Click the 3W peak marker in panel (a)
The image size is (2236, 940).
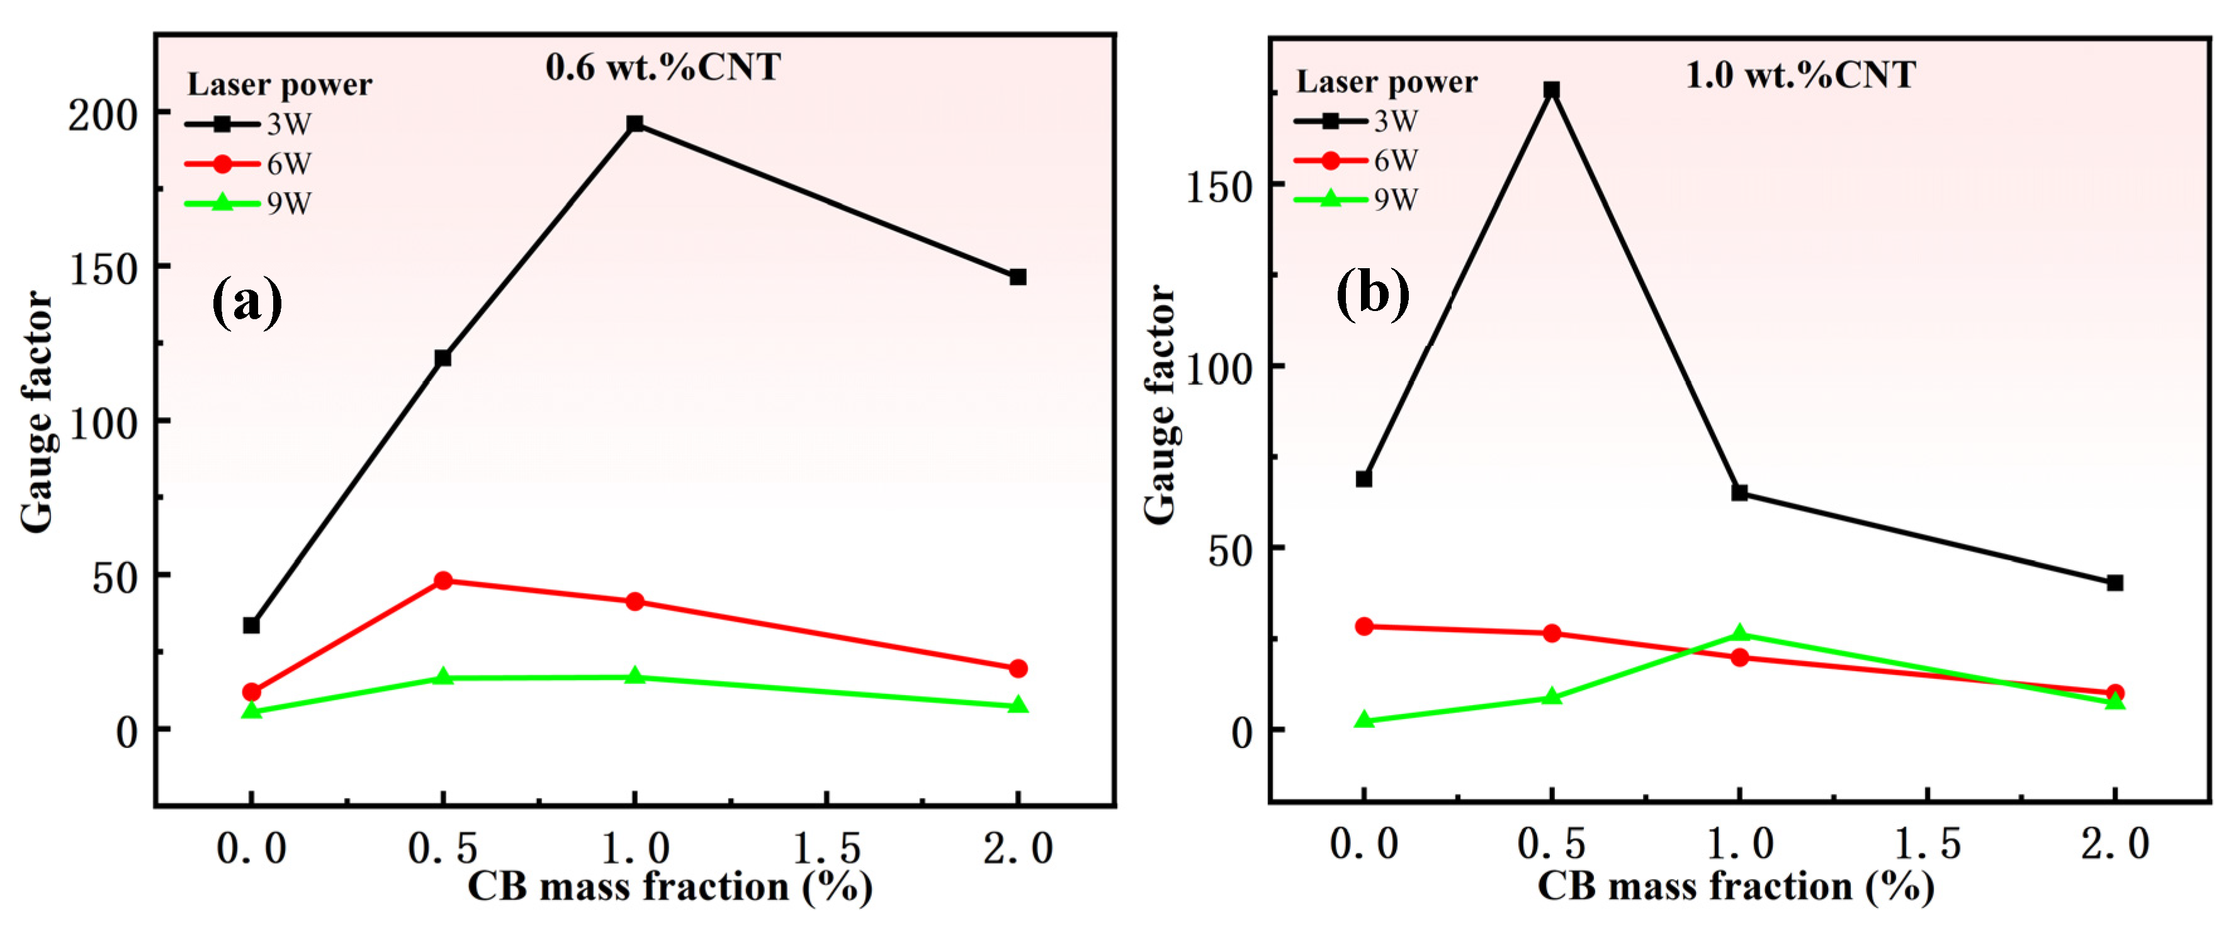635,124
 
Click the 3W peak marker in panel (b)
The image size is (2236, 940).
1551,90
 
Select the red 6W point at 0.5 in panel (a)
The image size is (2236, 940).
443,580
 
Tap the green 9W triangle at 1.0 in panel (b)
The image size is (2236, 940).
1739,633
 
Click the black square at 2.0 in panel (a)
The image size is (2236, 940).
1018,277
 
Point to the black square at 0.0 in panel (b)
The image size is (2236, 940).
1364,478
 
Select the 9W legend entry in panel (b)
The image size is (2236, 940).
1356,200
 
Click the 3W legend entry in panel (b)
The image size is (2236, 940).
1356,121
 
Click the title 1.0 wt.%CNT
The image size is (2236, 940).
1800,76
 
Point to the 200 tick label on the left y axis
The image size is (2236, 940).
103,115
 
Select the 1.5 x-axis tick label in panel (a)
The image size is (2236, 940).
827,848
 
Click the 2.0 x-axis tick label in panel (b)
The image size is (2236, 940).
2115,844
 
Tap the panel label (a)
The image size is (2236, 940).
247,301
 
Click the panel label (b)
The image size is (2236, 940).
1372,293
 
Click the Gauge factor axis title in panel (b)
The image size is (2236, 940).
1161,404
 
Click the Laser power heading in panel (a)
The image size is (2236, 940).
279,84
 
